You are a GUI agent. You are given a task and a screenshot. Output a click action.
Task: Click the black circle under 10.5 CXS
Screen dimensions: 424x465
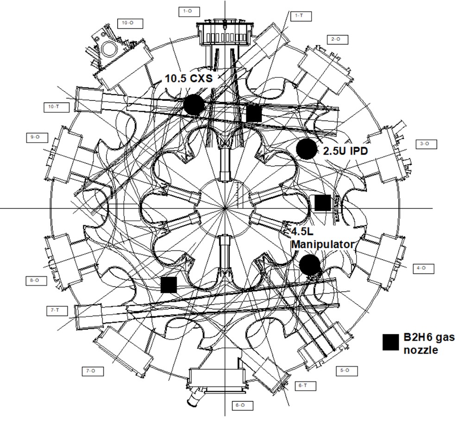(x=194, y=105)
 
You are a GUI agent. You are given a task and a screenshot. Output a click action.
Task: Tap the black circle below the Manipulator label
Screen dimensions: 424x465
(x=309, y=265)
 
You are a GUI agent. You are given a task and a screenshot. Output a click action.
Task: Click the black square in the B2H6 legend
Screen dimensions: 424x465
(x=391, y=342)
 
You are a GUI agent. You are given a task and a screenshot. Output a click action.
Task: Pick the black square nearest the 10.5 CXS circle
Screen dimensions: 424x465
(x=254, y=113)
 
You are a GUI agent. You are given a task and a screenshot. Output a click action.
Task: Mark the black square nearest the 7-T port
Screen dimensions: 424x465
(x=169, y=284)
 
